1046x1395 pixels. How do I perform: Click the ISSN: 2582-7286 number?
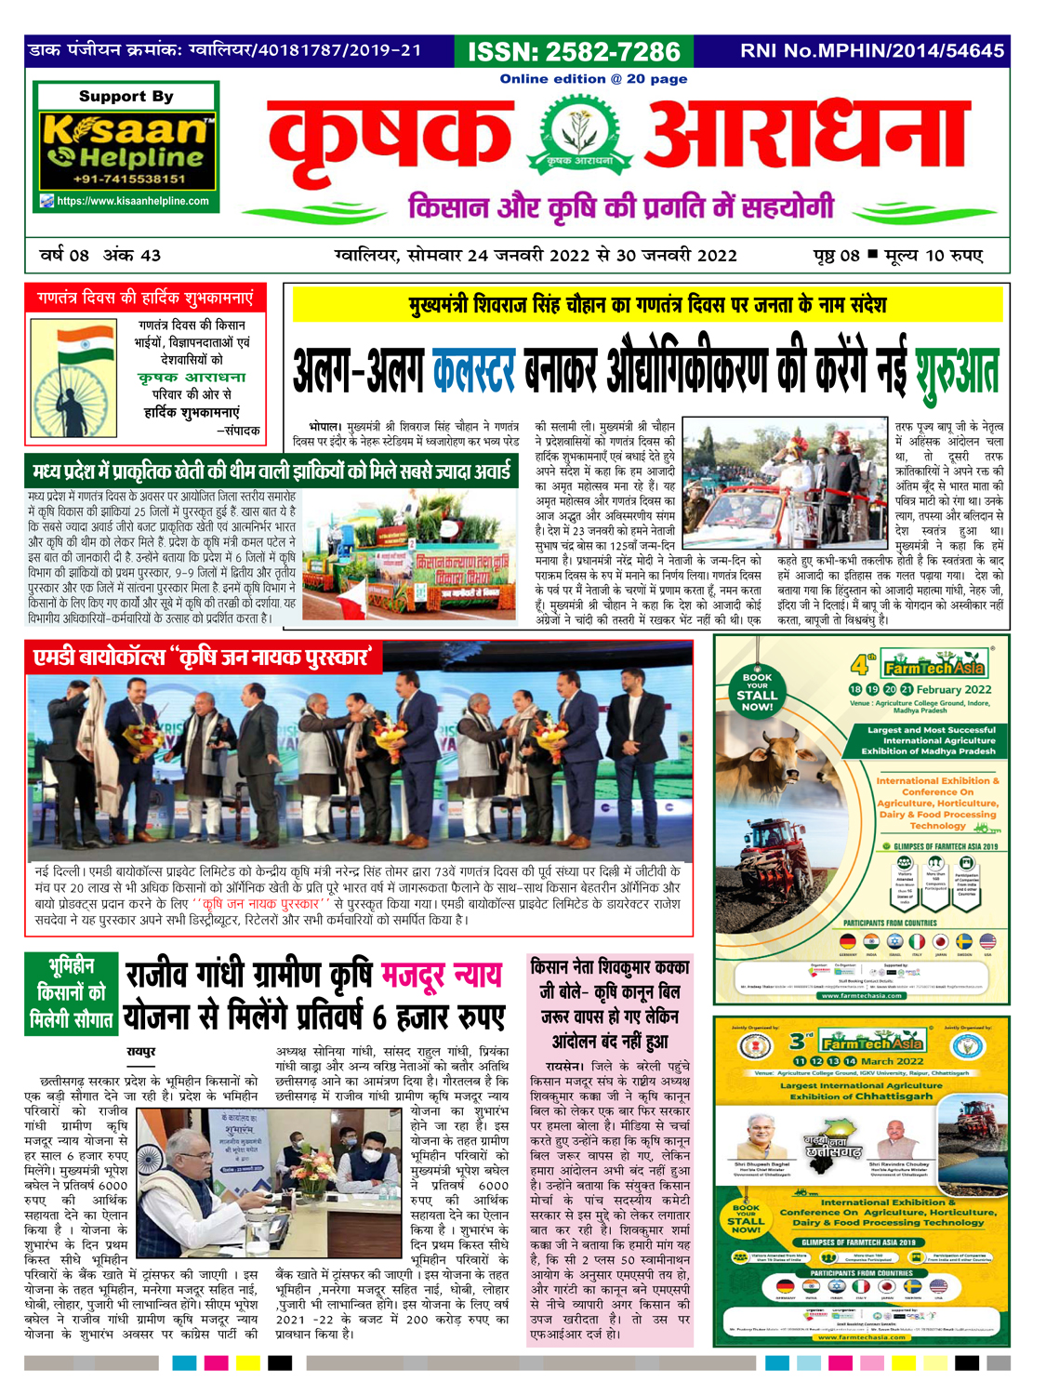tap(574, 51)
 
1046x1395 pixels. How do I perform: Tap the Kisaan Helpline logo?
tap(126, 142)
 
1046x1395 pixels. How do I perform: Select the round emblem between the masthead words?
tap(579, 138)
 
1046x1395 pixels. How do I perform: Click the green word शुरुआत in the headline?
tap(956, 372)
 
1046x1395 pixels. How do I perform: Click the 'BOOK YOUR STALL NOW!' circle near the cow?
tap(757, 692)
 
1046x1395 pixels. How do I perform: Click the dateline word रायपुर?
tap(141, 1051)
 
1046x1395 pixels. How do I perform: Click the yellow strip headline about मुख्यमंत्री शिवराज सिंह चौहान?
tap(647, 304)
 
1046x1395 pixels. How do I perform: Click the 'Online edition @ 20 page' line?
tap(593, 79)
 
